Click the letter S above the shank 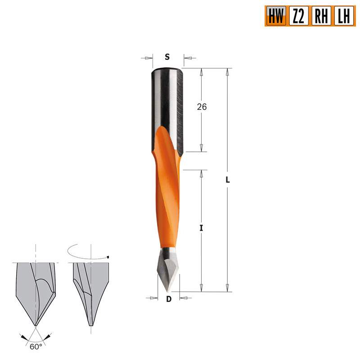(167, 57)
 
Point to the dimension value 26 (202, 107)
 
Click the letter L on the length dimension (228, 179)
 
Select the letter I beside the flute (202, 229)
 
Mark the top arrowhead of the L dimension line (228, 72)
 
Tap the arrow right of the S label (188, 58)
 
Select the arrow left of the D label (152, 297)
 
